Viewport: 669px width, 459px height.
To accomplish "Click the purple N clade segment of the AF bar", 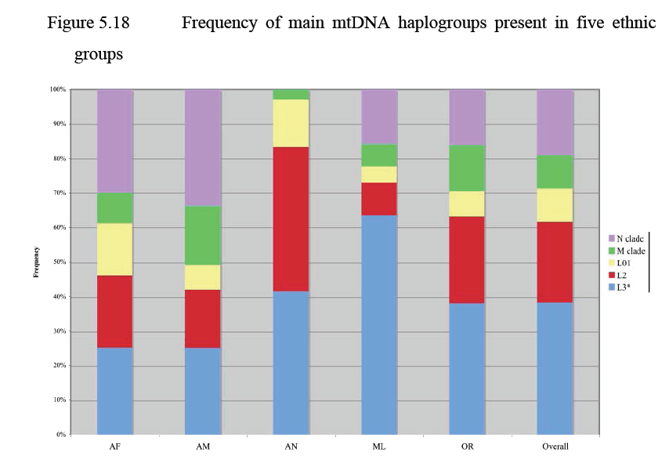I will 114,141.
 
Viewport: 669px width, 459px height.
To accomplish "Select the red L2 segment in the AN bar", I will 291,219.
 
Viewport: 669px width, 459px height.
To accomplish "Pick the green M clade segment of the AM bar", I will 202,235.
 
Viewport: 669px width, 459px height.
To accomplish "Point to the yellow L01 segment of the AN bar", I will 291,123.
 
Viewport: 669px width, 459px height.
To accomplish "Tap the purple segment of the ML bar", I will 379,117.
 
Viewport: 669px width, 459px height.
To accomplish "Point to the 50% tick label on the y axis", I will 57,262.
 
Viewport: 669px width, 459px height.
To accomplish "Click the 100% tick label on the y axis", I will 56,90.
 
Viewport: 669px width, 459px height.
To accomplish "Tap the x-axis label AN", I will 291,446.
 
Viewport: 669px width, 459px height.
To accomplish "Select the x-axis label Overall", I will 555,446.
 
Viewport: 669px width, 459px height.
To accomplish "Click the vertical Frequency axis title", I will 35,262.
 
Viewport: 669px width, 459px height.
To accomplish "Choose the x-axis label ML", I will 379,446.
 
